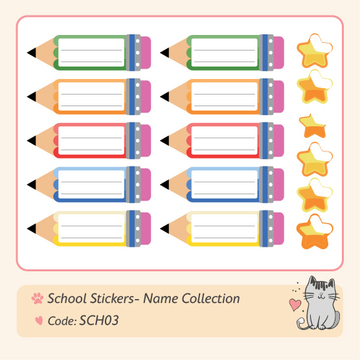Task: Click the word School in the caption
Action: click(x=67, y=298)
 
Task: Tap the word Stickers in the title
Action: click(x=112, y=298)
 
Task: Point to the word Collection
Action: click(x=211, y=298)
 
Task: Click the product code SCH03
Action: click(x=98, y=321)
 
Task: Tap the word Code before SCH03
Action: click(x=62, y=321)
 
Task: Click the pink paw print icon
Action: click(x=38, y=298)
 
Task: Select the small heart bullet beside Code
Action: click(x=39, y=321)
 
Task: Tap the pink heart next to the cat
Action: click(x=295, y=304)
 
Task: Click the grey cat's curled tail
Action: click(x=302, y=323)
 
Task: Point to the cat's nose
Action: click(x=322, y=294)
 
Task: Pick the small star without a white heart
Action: click(x=313, y=126)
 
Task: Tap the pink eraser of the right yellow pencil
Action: click(x=279, y=229)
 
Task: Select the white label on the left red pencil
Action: click(x=91, y=141)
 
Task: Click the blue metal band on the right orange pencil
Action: click(x=265, y=96)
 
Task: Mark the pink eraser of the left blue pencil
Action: click(x=146, y=185)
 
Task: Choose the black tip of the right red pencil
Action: click(x=165, y=141)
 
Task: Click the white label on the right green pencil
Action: click(x=224, y=52)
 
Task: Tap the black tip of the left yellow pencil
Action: click(x=32, y=229)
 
